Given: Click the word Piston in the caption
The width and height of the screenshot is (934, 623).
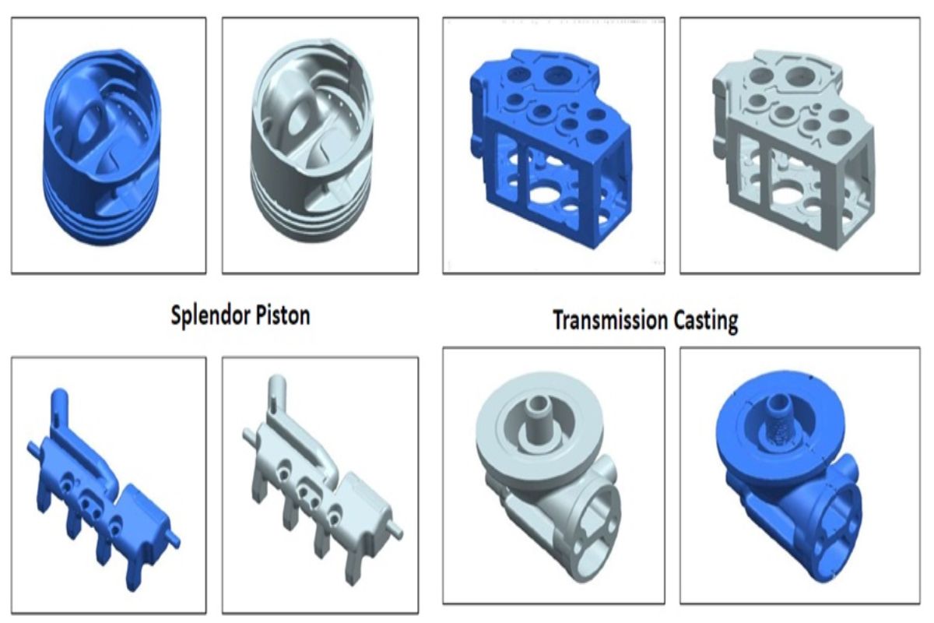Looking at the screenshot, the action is [x=283, y=315].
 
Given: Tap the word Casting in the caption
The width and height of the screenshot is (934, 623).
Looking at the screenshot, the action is [x=706, y=322].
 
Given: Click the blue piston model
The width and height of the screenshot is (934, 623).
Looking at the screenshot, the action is [x=102, y=147].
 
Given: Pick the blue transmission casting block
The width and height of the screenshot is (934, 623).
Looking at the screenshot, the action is [x=551, y=148].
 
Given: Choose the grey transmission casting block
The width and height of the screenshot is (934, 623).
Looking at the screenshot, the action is [x=793, y=150].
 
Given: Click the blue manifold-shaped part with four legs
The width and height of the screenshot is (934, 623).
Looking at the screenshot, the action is [x=104, y=492].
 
